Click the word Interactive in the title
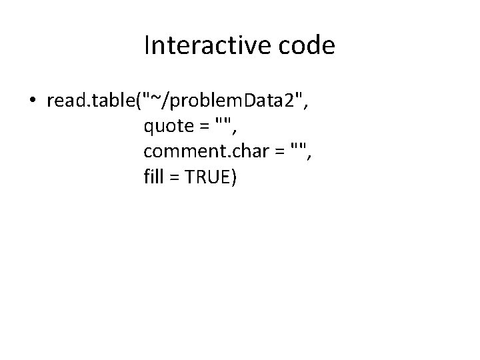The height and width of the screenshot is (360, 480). (x=201, y=45)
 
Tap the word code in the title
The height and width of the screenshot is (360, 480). (x=310, y=45)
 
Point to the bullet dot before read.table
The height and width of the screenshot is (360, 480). (x=32, y=101)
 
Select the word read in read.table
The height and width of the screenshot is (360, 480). (x=63, y=101)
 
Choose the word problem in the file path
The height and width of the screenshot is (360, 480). (x=202, y=101)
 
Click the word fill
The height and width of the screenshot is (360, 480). (x=153, y=177)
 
